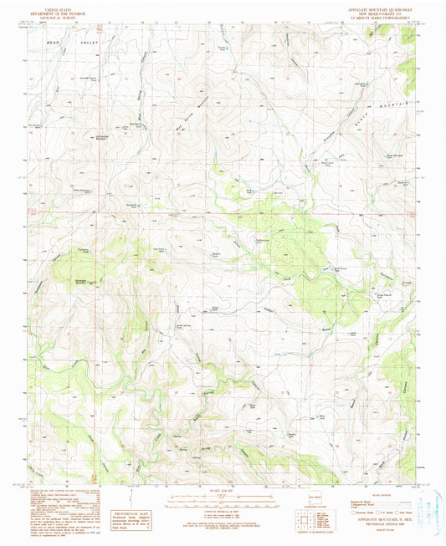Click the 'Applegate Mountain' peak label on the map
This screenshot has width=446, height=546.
pyautogui.click(x=88, y=281)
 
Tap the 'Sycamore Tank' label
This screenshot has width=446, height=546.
pyautogui.click(x=130, y=202)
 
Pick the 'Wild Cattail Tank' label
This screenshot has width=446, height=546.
pyautogui.click(x=332, y=163)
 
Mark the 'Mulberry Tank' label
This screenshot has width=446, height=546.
pyautogui.click(x=217, y=253)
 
